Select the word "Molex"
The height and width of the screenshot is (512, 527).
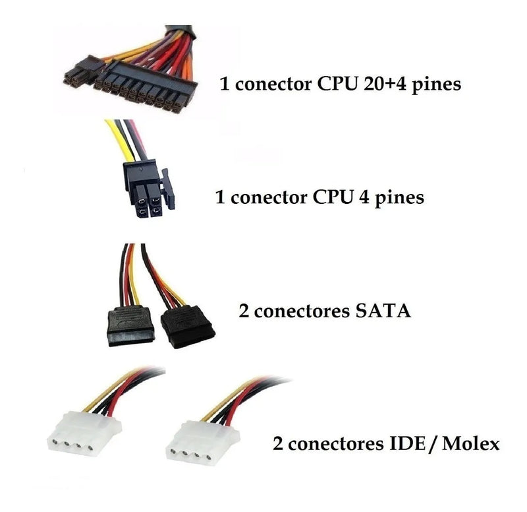(x=470, y=443)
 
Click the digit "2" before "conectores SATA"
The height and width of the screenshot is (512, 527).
(x=243, y=310)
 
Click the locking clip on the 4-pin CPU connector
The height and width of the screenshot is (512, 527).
(x=169, y=189)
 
